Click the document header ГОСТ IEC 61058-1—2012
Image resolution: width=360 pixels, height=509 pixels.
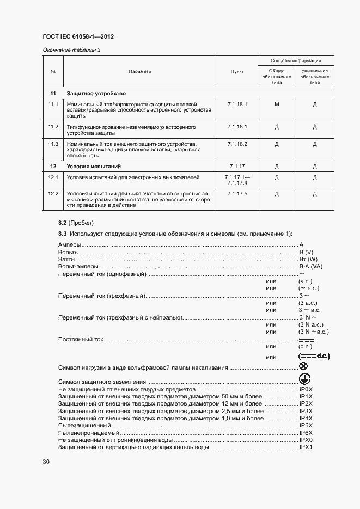click(78, 37)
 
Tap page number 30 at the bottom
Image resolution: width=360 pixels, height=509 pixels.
click(46, 462)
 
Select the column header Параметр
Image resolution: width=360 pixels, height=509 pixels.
click(140, 71)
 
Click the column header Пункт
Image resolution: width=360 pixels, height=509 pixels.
click(237, 71)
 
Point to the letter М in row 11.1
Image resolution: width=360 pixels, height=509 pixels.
click(277, 104)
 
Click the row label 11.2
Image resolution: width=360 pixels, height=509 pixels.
click(53, 127)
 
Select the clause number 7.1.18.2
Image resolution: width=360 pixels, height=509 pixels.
click(237, 144)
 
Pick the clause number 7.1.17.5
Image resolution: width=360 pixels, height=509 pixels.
click(237, 194)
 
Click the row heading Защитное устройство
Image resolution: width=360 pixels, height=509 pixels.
click(96, 93)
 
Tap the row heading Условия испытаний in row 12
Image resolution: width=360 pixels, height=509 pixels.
click(93, 166)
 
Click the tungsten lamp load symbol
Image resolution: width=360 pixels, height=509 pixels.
click(303, 367)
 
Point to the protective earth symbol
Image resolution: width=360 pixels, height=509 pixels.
click(304, 380)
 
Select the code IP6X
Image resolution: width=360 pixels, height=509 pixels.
click(306, 432)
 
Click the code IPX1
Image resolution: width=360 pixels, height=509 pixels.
click(306, 447)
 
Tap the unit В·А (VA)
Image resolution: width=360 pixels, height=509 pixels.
click(310, 267)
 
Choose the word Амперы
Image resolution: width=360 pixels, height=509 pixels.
click(70, 245)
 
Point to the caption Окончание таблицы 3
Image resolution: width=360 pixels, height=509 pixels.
click(71, 51)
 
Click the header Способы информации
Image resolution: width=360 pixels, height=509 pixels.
click(296, 60)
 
